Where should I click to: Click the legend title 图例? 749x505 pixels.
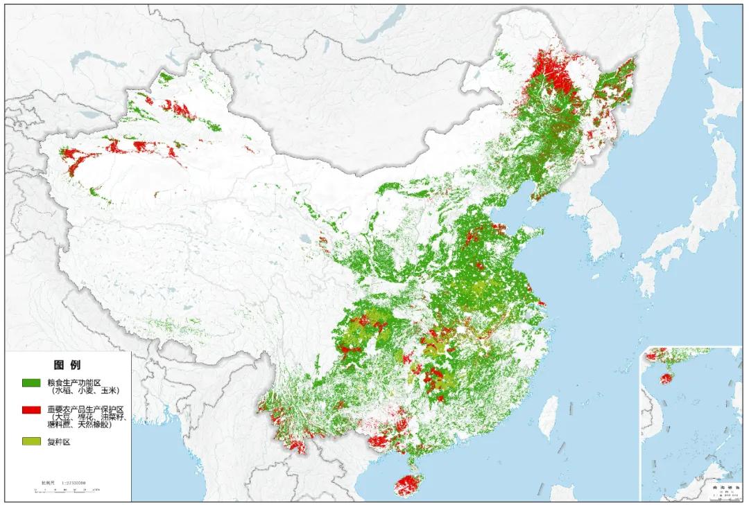(x=67, y=364)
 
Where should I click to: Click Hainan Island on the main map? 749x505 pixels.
(x=408, y=483)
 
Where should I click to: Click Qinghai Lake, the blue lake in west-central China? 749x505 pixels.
(x=305, y=240)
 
